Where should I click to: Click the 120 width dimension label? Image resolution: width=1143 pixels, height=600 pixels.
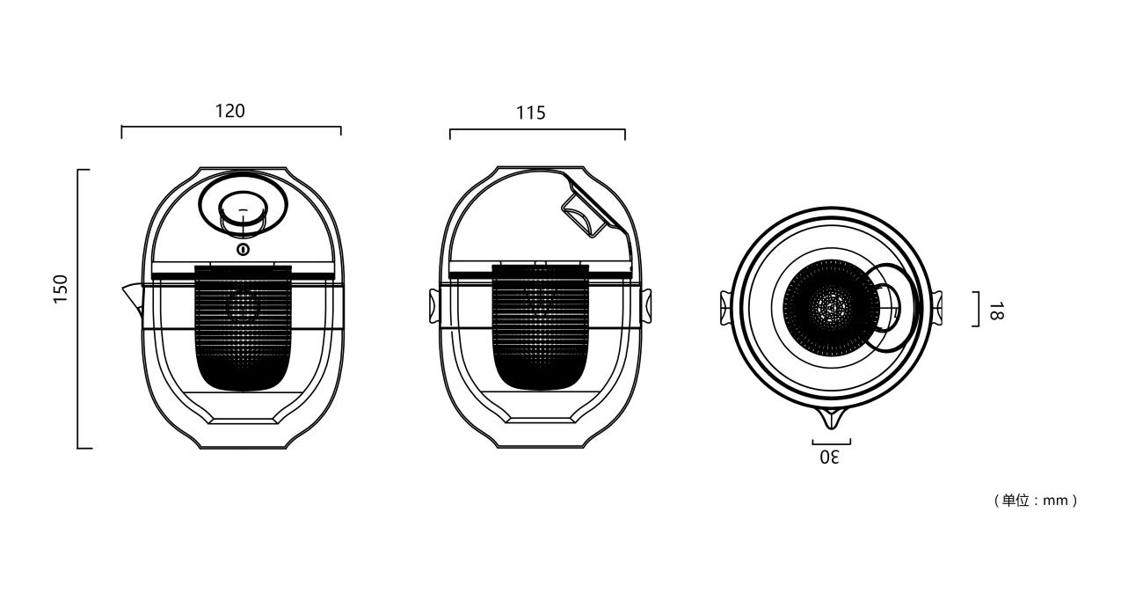tap(230, 112)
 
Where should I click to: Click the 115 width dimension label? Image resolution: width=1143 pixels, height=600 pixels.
tap(530, 113)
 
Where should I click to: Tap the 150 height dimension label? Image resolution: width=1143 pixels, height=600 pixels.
tap(60, 289)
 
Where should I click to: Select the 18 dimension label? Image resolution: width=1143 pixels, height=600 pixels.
tap(994, 311)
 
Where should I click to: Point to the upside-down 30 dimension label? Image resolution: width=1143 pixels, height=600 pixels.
tap(830, 457)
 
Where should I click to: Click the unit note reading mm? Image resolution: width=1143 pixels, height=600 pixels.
tap(1035, 501)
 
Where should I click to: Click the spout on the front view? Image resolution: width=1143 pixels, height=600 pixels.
tap(131, 296)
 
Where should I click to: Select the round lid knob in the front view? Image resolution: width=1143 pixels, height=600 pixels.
tap(243, 211)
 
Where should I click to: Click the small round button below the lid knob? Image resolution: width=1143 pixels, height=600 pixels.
tap(243, 249)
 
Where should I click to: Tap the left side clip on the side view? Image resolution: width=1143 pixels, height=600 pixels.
tap(433, 304)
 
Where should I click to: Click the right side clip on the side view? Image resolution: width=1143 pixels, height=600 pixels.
tap(646, 304)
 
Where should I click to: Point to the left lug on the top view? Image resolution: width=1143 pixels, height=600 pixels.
tap(725, 308)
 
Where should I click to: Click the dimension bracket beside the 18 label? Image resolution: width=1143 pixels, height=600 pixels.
tap(976, 309)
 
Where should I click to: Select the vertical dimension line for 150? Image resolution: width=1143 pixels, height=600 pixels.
tap(79, 308)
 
